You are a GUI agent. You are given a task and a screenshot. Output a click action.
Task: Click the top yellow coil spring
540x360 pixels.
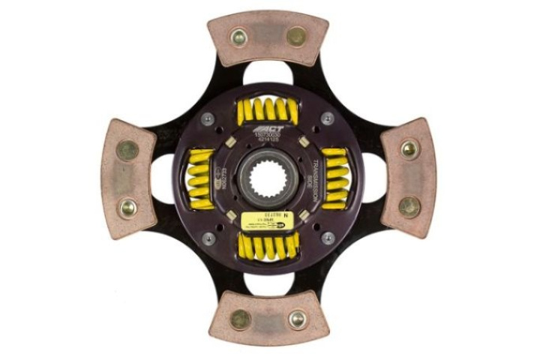tap(268, 111)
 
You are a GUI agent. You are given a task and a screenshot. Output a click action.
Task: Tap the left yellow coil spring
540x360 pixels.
tap(200, 178)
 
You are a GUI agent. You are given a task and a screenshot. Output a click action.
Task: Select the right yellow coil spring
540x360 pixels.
tap(334, 178)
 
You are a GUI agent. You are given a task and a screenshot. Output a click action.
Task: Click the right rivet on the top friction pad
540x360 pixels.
tap(296, 36)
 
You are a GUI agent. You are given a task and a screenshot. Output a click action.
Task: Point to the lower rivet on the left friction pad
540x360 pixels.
tap(127, 207)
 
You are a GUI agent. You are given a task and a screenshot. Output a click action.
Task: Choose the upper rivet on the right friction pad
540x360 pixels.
tap(409, 149)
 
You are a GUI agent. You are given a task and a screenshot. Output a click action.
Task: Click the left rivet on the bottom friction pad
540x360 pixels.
tap(240, 319)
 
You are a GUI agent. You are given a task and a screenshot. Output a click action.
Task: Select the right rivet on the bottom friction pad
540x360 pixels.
tap(297, 319)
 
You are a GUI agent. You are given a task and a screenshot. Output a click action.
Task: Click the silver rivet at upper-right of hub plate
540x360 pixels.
tap(327, 118)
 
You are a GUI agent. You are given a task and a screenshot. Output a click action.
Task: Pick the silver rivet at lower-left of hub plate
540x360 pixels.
tap(208, 238)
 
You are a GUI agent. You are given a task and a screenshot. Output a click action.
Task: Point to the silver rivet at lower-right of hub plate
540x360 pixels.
tap(327, 238)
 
